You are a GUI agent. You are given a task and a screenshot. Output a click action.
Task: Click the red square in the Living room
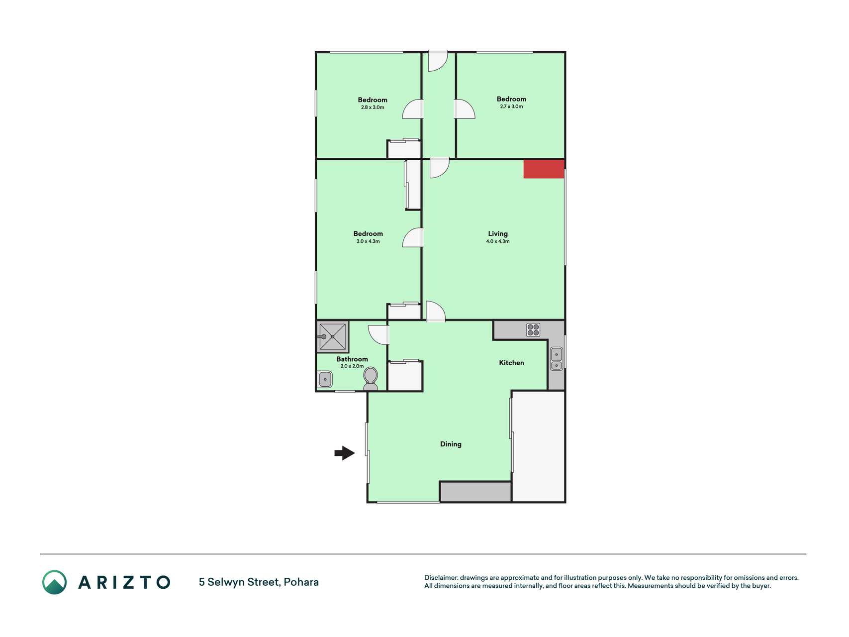[x=544, y=169]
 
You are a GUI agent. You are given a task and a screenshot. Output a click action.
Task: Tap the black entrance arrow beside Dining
[x=345, y=453]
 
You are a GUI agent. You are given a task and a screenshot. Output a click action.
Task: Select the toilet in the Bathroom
[x=371, y=379]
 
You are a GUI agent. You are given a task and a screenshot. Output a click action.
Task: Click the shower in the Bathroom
[x=333, y=337]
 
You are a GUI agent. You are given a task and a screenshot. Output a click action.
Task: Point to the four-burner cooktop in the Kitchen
[x=533, y=329]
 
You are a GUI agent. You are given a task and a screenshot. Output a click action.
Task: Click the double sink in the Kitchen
[x=557, y=359]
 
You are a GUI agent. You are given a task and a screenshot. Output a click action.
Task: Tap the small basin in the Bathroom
[x=325, y=379]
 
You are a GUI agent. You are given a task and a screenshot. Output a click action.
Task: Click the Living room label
[x=498, y=233]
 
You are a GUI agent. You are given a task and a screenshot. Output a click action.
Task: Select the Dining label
[x=451, y=444]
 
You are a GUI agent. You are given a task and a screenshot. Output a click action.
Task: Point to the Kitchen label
[x=511, y=362]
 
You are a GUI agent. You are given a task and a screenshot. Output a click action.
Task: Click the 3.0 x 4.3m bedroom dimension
[x=368, y=241]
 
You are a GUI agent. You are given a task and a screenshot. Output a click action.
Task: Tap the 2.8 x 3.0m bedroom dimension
[x=373, y=107]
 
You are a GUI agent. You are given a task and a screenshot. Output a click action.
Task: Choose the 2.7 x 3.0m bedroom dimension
[x=511, y=106]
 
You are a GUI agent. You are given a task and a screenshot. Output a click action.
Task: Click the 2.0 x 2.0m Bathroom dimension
[x=352, y=366]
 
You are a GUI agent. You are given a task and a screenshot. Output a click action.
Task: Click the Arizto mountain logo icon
[x=54, y=582]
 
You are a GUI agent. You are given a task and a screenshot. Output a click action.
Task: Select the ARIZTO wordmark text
[x=124, y=582]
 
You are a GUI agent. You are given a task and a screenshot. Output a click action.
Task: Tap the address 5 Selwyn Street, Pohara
[x=259, y=582]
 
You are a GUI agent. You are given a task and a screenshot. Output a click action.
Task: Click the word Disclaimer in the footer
[x=441, y=578]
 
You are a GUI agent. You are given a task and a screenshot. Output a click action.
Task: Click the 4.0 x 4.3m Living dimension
[x=498, y=241]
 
